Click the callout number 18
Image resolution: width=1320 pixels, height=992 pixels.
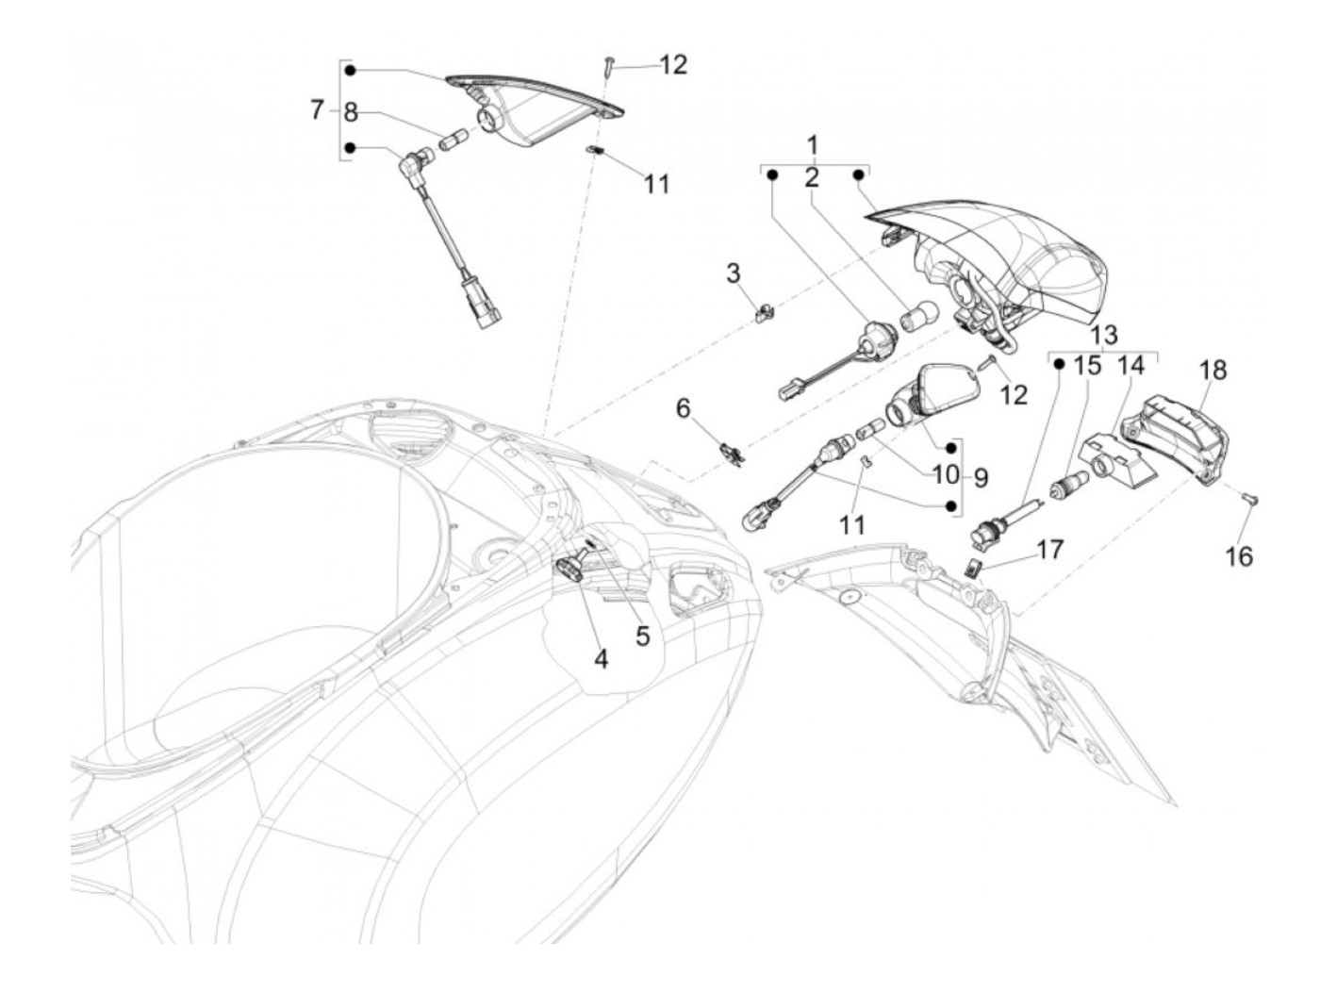[x=1213, y=371]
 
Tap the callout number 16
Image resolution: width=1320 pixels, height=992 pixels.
[x=1240, y=556]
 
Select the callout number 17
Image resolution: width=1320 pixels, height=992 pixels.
[x=1049, y=549]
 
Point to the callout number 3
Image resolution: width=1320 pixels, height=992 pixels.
[x=734, y=274]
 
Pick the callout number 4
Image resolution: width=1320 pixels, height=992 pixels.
[x=601, y=658]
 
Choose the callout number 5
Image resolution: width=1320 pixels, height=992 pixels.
[x=642, y=636]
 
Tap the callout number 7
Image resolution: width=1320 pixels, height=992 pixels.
[x=317, y=111]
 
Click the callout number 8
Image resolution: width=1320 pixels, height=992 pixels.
[x=351, y=113]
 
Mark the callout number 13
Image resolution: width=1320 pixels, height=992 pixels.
[x=1104, y=335]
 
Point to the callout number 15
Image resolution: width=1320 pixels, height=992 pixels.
[x=1088, y=366]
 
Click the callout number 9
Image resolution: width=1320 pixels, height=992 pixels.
[x=981, y=477]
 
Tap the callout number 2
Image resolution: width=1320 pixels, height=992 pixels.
[x=812, y=178]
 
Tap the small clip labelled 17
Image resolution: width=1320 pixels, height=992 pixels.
[x=974, y=566]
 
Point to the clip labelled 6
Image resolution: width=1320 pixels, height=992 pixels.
[x=731, y=452]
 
